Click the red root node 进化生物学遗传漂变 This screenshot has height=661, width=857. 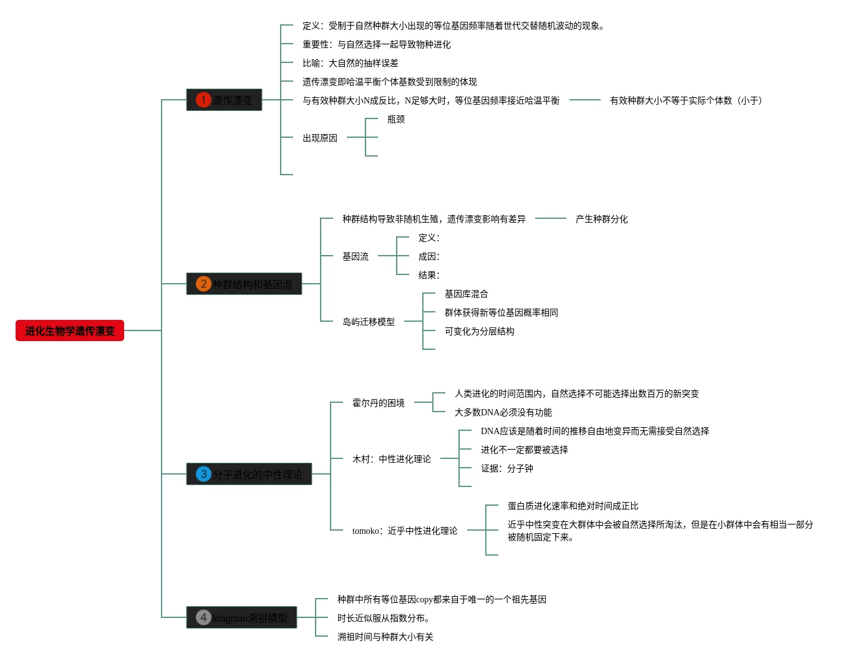(70, 330)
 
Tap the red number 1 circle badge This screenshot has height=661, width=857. (203, 100)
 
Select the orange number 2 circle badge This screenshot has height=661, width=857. (203, 284)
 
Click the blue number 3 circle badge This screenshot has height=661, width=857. (203, 474)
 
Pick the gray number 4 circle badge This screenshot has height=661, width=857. (203, 617)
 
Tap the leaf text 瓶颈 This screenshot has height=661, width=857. (396, 119)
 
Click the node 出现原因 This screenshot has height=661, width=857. (320, 138)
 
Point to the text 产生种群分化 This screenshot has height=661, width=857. (601, 219)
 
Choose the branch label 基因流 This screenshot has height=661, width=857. (356, 256)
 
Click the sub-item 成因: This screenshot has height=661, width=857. (428, 256)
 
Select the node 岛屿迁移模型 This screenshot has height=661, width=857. (369, 322)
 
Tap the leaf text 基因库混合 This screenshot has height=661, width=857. (466, 294)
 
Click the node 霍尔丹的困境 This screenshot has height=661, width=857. (379, 403)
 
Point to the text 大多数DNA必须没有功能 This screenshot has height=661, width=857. (503, 412)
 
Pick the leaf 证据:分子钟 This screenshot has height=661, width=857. (507, 468)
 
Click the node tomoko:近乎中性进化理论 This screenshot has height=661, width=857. (405, 531)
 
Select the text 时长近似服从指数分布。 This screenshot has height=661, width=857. (384, 618)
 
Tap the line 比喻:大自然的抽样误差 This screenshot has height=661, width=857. (351, 63)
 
